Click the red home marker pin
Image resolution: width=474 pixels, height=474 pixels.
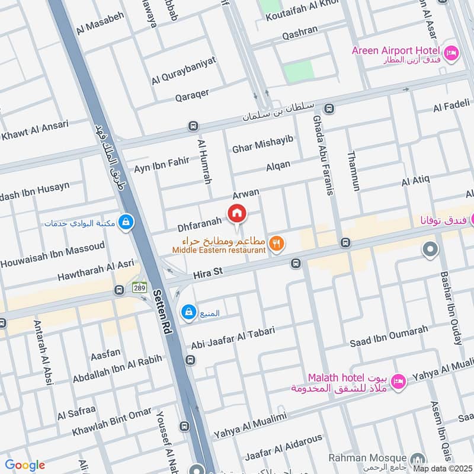pyautogui.click(x=237, y=213)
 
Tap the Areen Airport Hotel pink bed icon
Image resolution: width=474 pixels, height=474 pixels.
pyautogui.click(x=451, y=53)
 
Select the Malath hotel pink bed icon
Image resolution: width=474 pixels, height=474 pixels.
pyautogui.click(x=399, y=381)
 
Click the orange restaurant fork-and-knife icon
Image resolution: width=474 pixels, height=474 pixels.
pyautogui.click(x=276, y=243)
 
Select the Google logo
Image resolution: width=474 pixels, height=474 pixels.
pyautogui.click(x=24, y=465)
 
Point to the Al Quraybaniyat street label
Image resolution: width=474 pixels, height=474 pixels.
pyautogui.click(x=184, y=70)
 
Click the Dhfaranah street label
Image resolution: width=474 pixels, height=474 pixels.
pyautogui.click(x=200, y=225)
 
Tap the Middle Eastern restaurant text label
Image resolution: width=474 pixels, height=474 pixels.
pyautogui.click(x=219, y=251)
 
